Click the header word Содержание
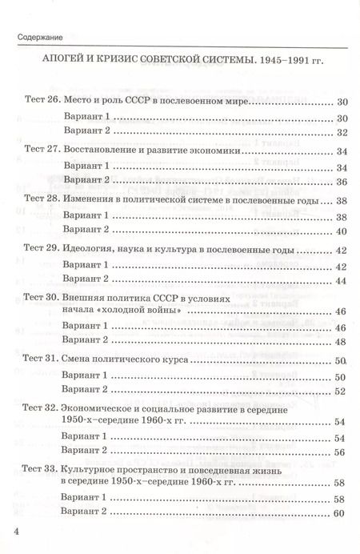(39, 38)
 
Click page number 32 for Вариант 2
(340, 133)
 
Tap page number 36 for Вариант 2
(340, 182)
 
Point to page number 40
(340, 231)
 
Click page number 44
(340, 279)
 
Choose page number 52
(340, 391)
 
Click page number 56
(340, 452)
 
